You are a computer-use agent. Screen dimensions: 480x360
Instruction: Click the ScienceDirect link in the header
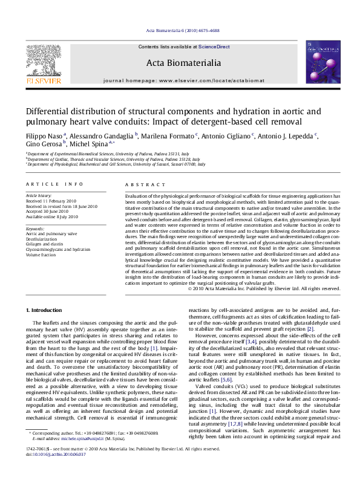(x=215, y=47)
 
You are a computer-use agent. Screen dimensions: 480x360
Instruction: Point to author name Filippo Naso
(x=45, y=135)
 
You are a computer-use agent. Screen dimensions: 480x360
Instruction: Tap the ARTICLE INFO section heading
(x=54, y=184)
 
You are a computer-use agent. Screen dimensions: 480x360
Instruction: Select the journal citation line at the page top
(x=180, y=31)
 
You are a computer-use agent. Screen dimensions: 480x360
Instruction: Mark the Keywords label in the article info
(x=36, y=229)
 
